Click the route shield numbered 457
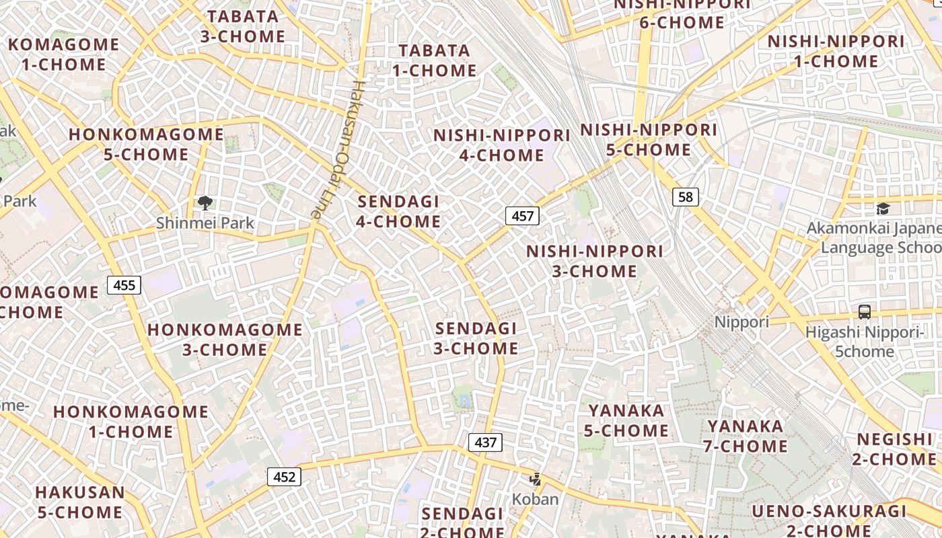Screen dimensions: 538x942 click(x=522, y=216)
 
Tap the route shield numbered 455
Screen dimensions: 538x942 click(x=124, y=285)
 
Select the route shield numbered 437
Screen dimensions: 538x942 click(x=485, y=443)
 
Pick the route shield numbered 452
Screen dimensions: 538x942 click(x=285, y=477)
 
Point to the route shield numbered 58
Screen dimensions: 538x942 click(x=686, y=197)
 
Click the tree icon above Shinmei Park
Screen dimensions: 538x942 click(x=205, y=202)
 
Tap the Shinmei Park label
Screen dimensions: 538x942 click(x=205, y=223)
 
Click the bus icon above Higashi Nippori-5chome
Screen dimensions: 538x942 click(x=865, y=312)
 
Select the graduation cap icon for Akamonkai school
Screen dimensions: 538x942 click(x=883, y=209)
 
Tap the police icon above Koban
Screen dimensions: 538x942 click(x=536, y=479)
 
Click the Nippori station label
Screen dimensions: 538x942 click(x=741, y=322)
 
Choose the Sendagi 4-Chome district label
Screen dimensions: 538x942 click(x=399, y=211)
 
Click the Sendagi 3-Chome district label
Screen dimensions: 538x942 click(x=476, y=338)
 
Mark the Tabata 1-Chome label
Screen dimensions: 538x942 click(x=435, y=61)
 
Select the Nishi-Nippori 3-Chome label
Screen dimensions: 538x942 click(x=595, y=261)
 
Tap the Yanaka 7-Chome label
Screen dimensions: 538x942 click(x=746, y=436)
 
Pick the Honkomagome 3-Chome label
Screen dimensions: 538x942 click(x=225, y=340)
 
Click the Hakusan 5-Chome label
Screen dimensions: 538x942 click(x=80, y=502)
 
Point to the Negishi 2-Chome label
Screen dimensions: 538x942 click(x=896, y=449)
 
